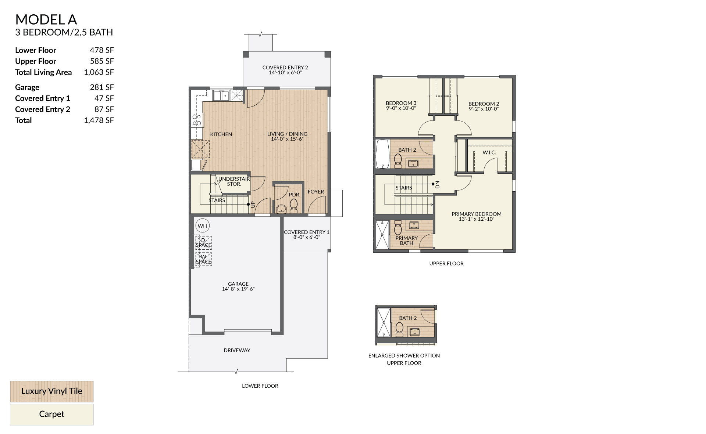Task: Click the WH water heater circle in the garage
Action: click(202, 226)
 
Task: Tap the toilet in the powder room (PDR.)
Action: click(293, 206)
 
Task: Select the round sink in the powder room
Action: click(281, 209)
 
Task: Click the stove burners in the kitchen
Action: click(197, 120)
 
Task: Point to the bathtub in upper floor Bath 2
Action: click(382, 154)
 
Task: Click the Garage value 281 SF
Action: click(102, 87)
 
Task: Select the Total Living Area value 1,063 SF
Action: click(99, 72)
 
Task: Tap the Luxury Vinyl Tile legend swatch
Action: click(51, 391)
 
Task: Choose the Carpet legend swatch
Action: click(51, 415)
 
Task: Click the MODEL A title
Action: click(46, 19)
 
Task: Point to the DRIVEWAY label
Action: click(237, 350)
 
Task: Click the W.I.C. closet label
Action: click(489, 152)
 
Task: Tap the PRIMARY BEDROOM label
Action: click(477, 214)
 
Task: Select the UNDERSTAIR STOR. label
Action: click(234, 181)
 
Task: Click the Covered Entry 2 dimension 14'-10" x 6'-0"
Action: click(285, 73)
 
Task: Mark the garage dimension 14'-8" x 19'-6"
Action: click(238, 289)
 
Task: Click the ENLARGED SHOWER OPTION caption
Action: click(404, 355)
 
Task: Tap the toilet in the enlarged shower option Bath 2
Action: click(399, 329)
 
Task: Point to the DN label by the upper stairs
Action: click(438, 185)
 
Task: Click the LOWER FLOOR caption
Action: click(260, 386)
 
